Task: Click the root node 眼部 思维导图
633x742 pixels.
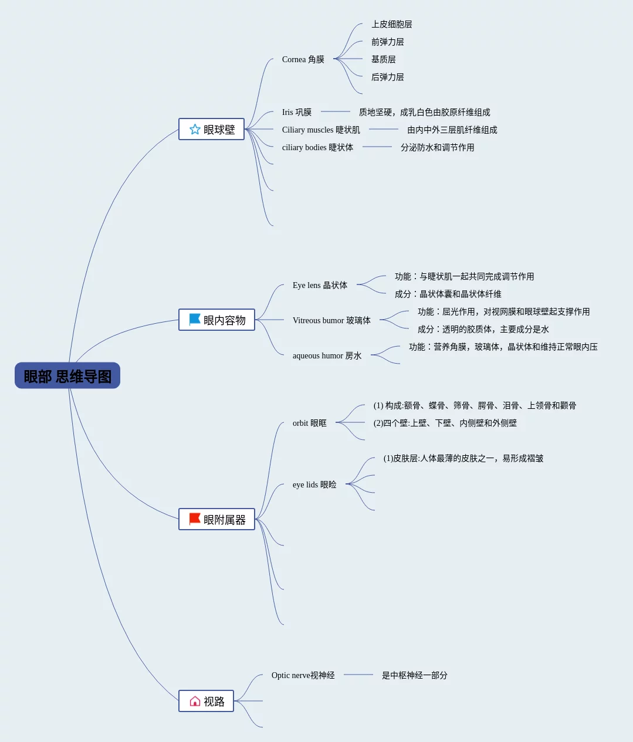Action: [x=67, y=375]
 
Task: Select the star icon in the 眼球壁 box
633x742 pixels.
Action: [x=195, y=129]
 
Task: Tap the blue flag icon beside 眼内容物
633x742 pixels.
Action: [x=195, y=319]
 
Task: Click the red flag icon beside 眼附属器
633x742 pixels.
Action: [x=195, y=519]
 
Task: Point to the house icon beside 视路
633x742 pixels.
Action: [x=195, y=701]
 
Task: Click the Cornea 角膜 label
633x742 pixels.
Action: [x=303, y=59]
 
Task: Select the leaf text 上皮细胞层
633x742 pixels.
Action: [x=391, y=24]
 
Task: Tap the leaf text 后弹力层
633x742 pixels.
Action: [x=387, y=77]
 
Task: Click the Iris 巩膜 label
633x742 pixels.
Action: [x=296, y=112]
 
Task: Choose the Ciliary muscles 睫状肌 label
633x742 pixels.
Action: [x=321, y=130]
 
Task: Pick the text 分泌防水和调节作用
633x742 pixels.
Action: [x=437, y=147]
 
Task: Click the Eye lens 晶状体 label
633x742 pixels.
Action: [x=320, y=285]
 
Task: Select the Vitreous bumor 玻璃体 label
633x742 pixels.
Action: [x=331, y=320]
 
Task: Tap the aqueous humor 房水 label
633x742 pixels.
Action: [x=327, y=355]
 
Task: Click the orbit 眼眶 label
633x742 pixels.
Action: [x=309, y=423]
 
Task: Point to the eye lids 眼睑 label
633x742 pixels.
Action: [x=314, y=484]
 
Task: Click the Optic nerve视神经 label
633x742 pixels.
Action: [x=303, y=675]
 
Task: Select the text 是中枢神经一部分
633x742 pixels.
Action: [x=414, y=675]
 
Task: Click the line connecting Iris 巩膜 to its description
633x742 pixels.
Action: [x=336, y=111]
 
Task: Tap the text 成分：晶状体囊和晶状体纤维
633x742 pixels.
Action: [x=448, y=294]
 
